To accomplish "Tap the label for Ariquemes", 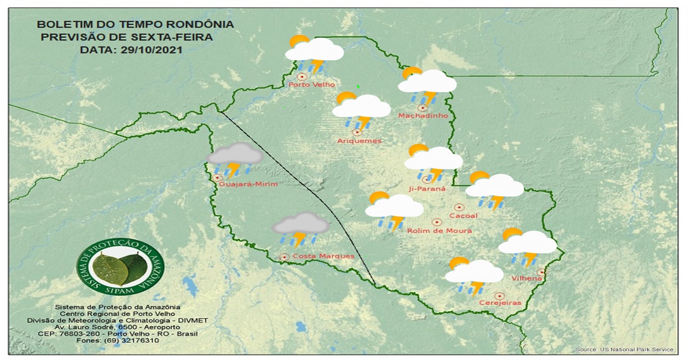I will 359,141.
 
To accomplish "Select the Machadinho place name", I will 423,116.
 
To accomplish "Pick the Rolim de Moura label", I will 439,230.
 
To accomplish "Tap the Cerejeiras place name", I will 501,303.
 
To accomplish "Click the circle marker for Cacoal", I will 459,207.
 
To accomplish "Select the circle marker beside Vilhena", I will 541,272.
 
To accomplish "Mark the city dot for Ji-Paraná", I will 426,179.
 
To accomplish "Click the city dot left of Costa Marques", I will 283,257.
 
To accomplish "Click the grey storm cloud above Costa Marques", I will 300,228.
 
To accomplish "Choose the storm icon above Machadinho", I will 427,86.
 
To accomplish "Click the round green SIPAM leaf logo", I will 120,267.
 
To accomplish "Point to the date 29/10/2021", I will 150,50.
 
